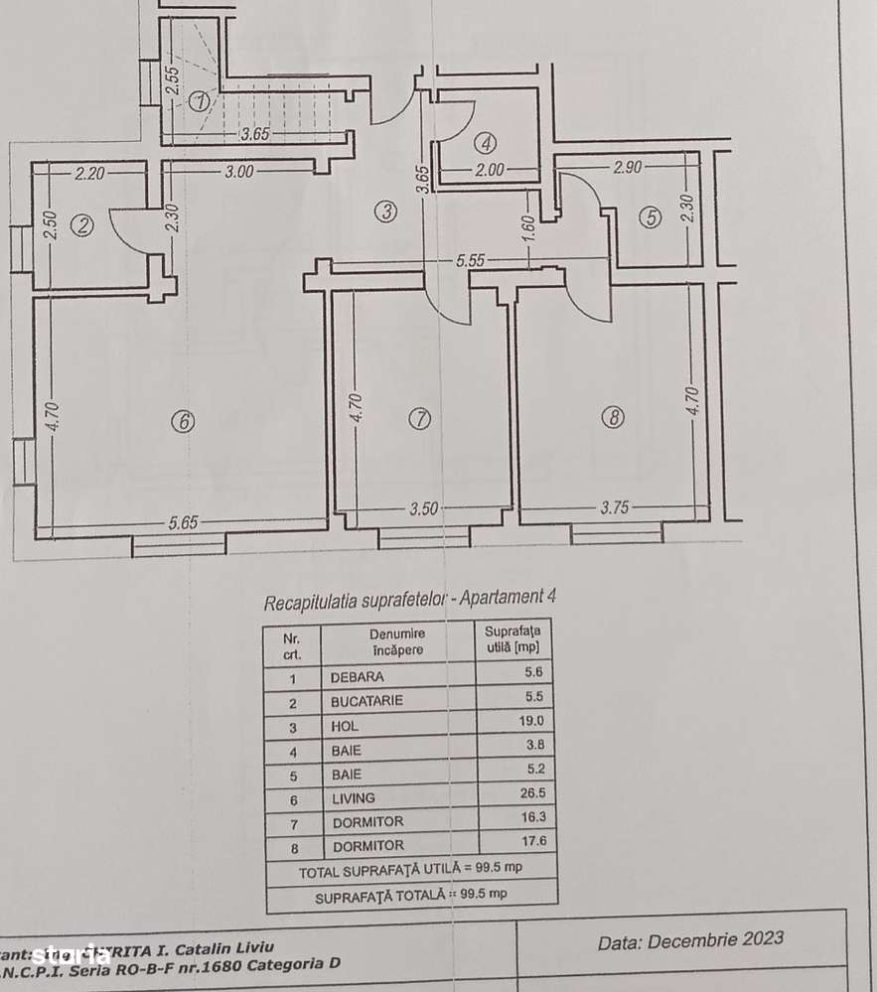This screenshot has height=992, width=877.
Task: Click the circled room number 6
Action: click(x=182, y=421)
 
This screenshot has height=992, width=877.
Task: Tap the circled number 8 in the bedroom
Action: click(x=613, y=418)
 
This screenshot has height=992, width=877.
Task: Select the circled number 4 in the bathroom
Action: click(x=484, y=140)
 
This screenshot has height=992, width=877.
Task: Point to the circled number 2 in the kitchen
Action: click(x=83, y=226)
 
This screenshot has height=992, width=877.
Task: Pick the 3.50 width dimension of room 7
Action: click(x=424, y=509)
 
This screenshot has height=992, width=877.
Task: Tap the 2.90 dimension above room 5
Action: click(x=627, y=167)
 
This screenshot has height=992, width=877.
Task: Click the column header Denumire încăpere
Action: click(x=397, y=641)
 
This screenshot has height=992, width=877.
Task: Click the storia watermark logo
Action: click(x=69, y=955)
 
